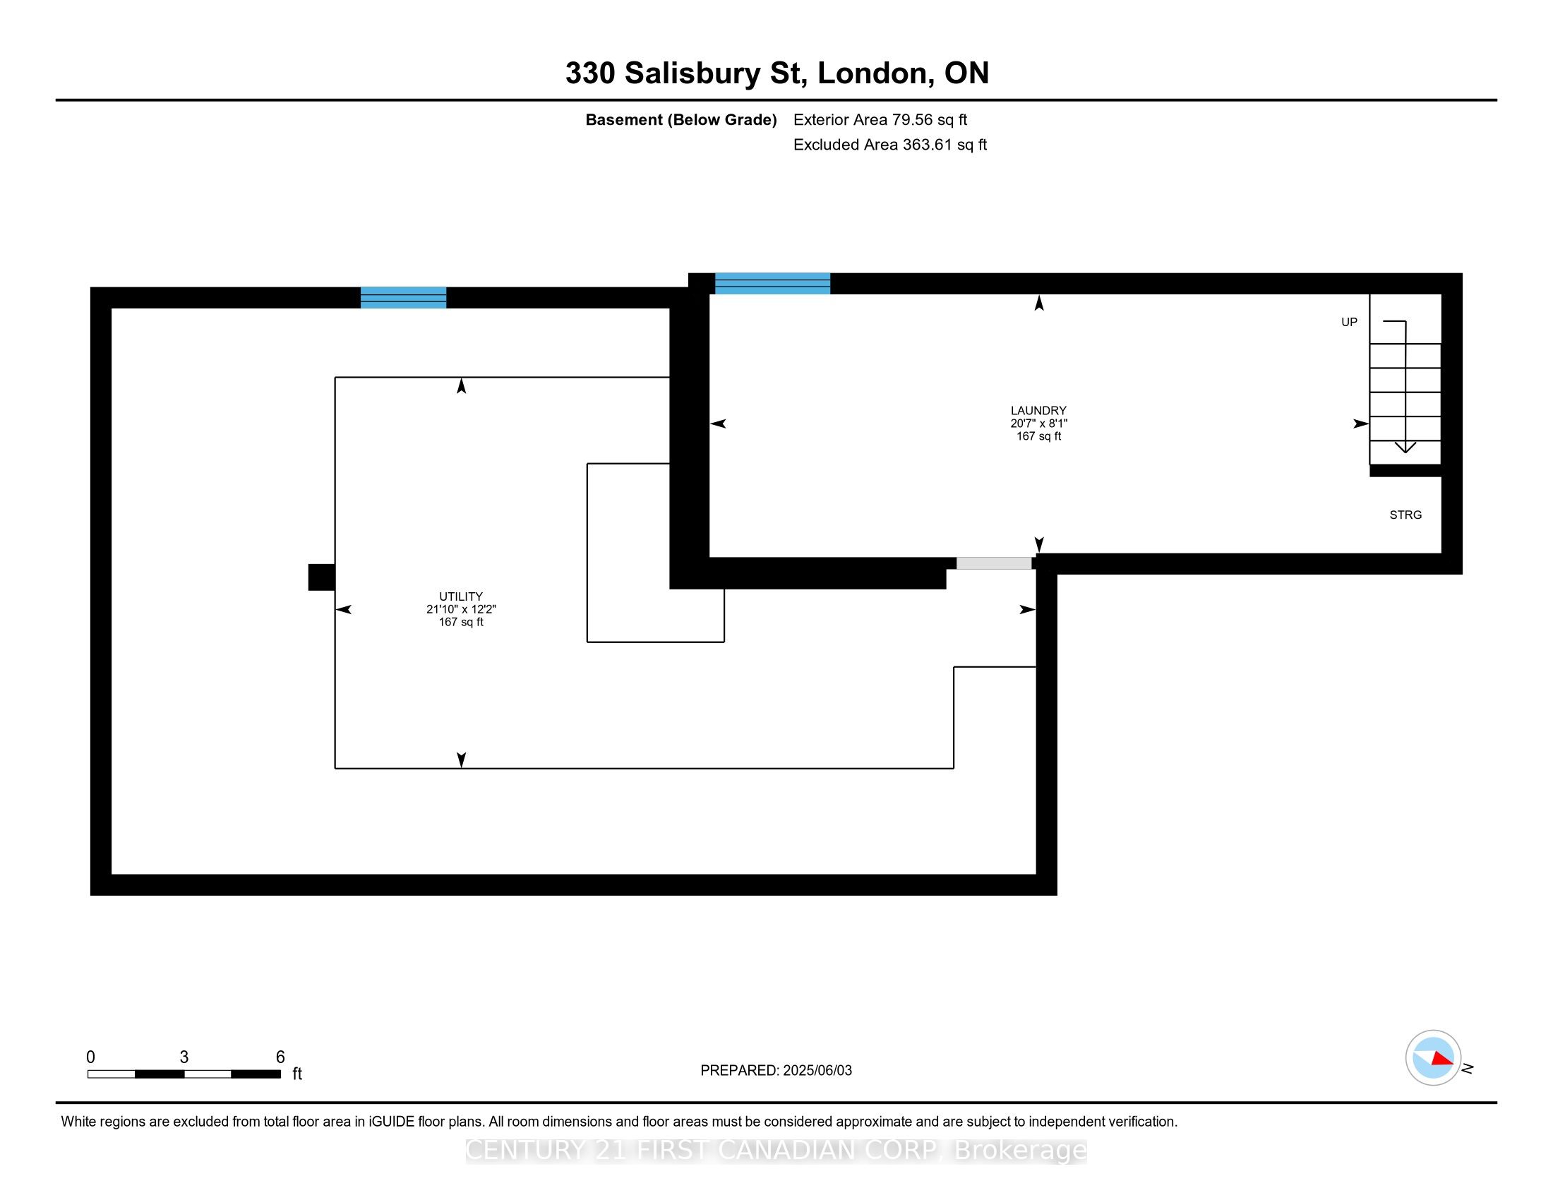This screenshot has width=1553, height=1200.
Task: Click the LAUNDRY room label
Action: (x=1038, y=410)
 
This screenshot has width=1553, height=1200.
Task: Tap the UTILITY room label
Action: (x=461, y=596)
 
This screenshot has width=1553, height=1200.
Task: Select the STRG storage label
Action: (x=1405, y=515)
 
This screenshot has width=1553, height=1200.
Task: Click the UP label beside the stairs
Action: (x=1349, y=322)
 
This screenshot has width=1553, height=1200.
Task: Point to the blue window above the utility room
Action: (x=403, y=297)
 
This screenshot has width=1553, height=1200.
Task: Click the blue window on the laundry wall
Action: (x=772, y=283)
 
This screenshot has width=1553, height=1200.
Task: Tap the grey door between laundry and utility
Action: (x=993, y=563)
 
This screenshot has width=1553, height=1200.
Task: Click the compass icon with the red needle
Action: (x=1433, y=1057)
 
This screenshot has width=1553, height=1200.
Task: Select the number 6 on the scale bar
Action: (x=280, y=1057)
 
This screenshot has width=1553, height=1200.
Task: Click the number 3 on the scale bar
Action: (x=184, y=1057)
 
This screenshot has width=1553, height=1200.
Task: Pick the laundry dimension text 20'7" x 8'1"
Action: (x=1038, y=423)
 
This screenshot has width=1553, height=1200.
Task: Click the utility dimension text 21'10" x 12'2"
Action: (x=461, y=609)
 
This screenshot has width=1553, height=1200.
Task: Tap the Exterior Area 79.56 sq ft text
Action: (x=880, y=119)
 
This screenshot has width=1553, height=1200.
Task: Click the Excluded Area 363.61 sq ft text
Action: (x=889, y=144)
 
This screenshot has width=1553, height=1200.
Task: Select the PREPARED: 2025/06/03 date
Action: (x=776, y=1070)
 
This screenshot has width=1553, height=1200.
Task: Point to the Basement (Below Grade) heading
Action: (x=680, y=119)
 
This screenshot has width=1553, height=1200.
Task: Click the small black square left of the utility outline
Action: (x=321, y=577)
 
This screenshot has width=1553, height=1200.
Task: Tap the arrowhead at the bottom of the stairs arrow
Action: (x=1405, y=447)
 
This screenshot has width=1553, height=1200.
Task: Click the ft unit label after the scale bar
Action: (x=297, y=1074)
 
